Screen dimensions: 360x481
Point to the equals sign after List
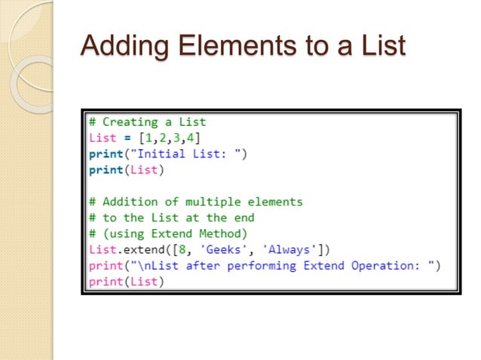tap(124, 137)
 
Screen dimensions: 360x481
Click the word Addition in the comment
tap(127, 202)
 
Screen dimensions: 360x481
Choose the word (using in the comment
tap(121, 233)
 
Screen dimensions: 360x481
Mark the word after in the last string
tap(179, 265)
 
